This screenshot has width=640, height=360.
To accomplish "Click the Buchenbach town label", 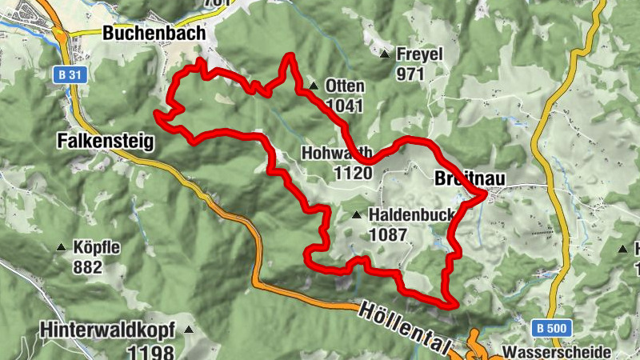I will tap(154, 34).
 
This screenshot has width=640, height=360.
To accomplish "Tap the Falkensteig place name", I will tap(105, 142).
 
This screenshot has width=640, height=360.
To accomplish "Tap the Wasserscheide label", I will tap(557, 352).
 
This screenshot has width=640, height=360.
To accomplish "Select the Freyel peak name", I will tap(419, 55).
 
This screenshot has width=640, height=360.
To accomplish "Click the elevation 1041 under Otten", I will tap(345, 105).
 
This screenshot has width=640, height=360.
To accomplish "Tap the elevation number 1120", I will tap(354, 173).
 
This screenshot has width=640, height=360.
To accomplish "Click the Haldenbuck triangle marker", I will tap(357, 215).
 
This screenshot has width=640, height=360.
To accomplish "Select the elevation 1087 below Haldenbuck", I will tap(388, 235).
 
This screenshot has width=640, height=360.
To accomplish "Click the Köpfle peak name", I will tap(95, 248).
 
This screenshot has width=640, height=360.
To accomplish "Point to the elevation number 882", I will tap(87, 266).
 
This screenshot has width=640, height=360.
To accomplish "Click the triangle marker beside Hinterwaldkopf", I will tap(189, 330).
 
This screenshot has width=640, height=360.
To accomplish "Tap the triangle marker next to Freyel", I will tap(385, 55).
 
